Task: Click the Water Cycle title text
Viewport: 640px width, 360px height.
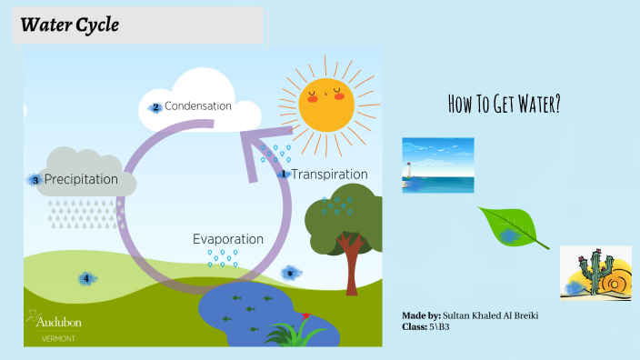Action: pos(69,25)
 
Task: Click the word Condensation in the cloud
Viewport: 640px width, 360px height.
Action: pos(197,106)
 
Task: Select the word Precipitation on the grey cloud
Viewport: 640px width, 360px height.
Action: pos(81,180)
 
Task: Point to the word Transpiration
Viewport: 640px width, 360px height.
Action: pos(329,174)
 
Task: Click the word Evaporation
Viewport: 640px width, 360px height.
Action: pos(227,239)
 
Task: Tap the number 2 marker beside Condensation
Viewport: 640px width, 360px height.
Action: pos(156,107)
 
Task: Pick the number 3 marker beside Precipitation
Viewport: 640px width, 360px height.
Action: pos(35,180)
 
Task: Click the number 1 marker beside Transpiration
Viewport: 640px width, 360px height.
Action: pos(283,174)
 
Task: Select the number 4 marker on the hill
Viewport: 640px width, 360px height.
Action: pos(86,278)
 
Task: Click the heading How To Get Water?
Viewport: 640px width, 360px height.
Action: pos(504,104)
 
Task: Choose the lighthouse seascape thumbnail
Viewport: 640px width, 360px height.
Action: pos(437,165)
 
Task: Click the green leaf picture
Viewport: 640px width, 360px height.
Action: pos(512,227)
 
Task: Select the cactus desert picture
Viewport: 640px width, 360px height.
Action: pos(595,272)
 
